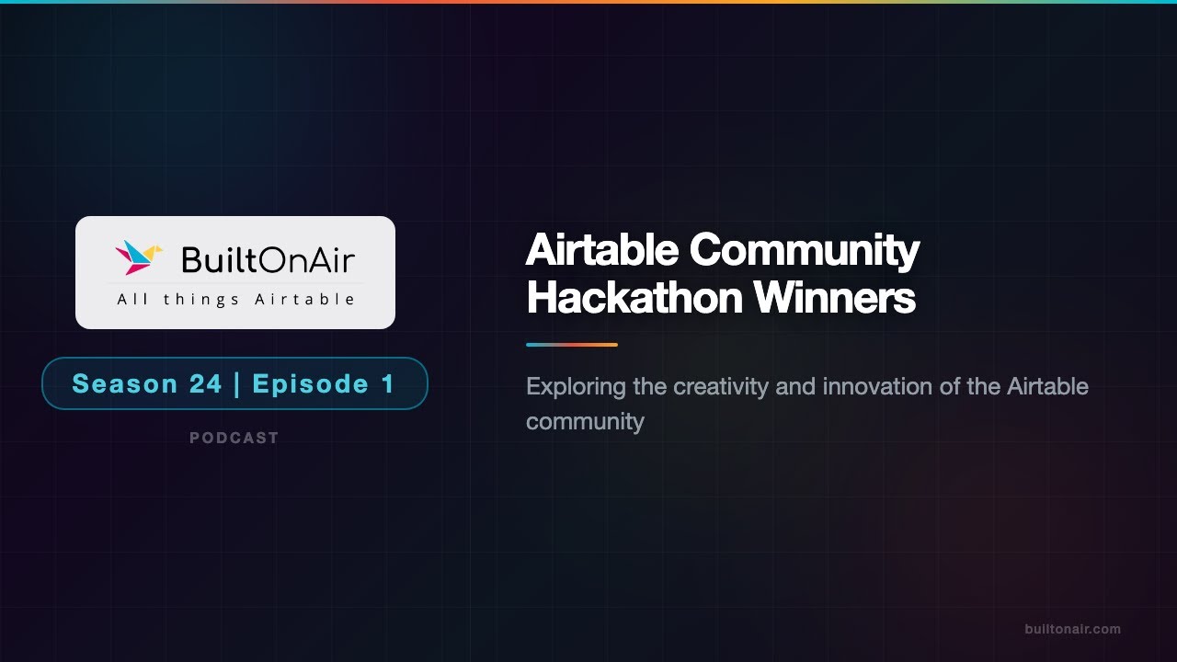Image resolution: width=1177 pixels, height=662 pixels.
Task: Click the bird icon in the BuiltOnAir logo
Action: pyautogui.click(x=138, y=257)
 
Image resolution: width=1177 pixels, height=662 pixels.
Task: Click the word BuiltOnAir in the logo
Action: pyautogui.click(x=268, y=260)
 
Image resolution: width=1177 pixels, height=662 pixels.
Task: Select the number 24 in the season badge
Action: pyautogui.click(x=206, y=383)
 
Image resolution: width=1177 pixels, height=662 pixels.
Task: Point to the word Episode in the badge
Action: pyautogui.click(x=310, y=383)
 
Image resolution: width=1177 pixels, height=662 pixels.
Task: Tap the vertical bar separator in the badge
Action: pyautogui.click(x=237, y=383)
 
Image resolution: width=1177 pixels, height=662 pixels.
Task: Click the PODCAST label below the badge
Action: pyautogui.click(x=234, y=439)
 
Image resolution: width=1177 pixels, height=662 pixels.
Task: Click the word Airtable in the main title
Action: pyautogui.click(x=602, y=250)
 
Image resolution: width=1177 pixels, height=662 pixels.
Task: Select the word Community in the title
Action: pyautogui.click(x=806, y=250)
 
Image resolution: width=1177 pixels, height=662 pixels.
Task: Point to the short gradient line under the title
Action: pyautogui.click(x=571, y=345)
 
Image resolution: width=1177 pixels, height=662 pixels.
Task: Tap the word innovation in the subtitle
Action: pyautogui.click(x=877, y=387)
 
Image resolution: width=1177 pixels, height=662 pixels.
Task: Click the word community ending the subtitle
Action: pyautogui.click(x=585, y=422)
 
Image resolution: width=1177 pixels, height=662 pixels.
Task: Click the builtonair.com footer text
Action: pyautogui.click(x=1072, y=630)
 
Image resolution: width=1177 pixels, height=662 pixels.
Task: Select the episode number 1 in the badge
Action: pyautogui.click(x=387, y=383)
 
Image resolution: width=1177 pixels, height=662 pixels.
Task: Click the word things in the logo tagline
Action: pyautogui.click(x=200, y=300)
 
